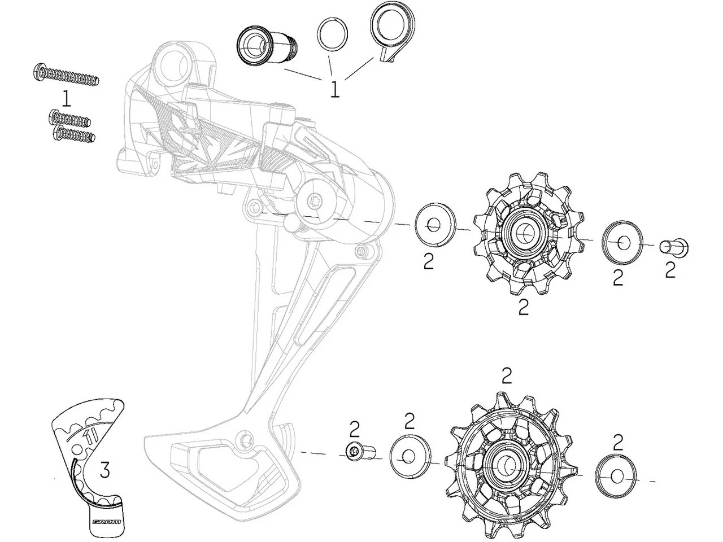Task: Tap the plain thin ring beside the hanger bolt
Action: [333, 34]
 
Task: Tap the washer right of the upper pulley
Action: [621, 243]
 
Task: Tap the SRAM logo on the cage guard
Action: [106, 522]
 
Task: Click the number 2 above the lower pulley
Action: [507, 375]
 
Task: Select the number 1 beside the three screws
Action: [67, 99]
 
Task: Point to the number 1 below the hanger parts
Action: [335, 89]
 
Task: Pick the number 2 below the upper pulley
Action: [524, 307]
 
